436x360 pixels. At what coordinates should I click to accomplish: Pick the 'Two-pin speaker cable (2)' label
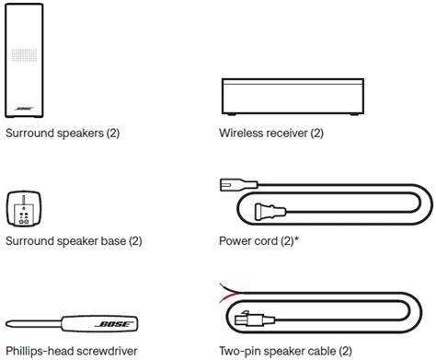(285, 351)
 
